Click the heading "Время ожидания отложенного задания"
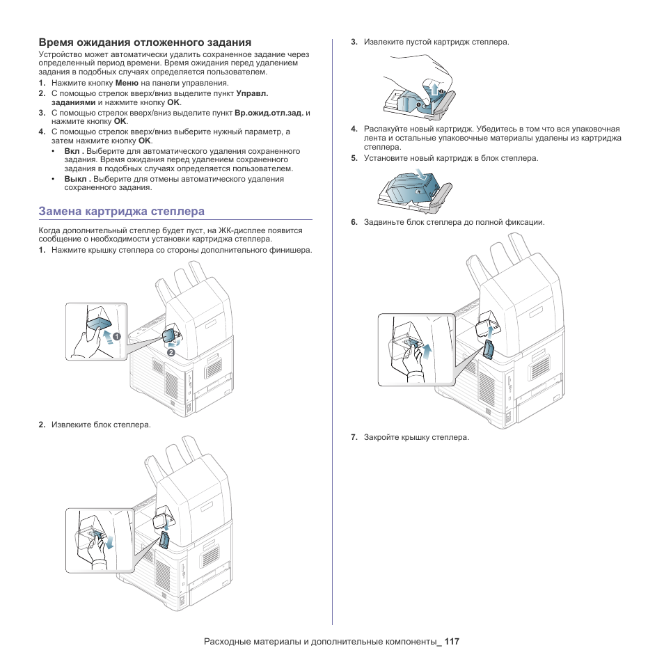145,42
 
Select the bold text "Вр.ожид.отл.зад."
269,112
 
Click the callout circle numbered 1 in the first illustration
117,336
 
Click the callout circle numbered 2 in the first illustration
169,352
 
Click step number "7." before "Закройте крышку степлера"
354,437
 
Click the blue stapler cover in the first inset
99,324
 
